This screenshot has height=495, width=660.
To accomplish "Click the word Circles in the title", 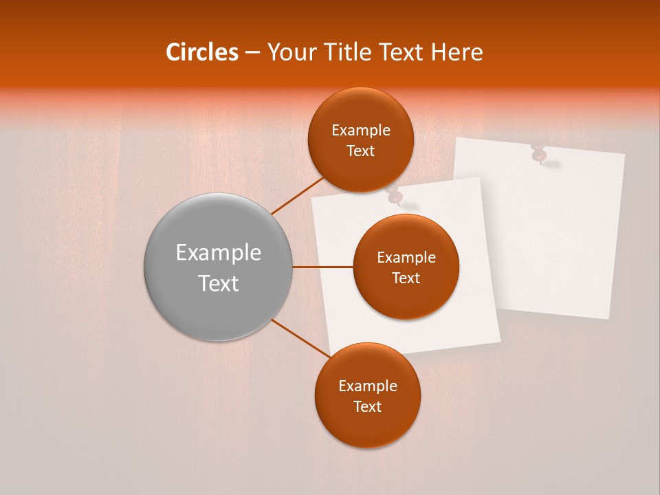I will [202, 52].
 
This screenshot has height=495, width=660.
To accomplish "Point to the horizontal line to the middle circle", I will [322, 267].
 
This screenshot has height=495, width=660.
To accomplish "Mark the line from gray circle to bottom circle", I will [300, 338].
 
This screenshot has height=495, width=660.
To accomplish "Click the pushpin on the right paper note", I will [538, 153].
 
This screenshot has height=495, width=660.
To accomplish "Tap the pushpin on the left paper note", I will [394, 197].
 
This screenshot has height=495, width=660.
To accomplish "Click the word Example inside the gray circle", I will [219, 253].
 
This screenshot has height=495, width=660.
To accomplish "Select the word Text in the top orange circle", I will [361, 151].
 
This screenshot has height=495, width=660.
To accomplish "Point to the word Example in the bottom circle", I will [367, 386].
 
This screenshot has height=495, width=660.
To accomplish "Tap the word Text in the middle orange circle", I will [406, 278].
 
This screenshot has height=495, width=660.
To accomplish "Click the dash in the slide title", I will [252, 53].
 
